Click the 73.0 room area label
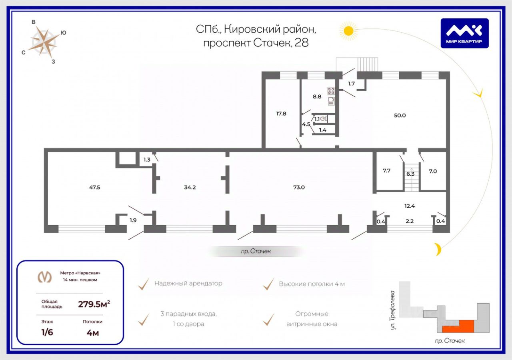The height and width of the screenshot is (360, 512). tap(299, 187)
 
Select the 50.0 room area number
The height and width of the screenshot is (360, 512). tap(400, 115)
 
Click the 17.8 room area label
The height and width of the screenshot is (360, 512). tap(281, 113)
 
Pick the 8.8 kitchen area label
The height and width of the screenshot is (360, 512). tap(317, 96)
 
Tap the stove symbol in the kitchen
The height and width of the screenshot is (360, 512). tap(331, 90)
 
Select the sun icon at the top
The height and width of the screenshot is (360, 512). tap(348, 30)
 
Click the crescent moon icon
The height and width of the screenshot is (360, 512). tap(439, 249)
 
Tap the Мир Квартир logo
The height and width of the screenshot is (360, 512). tap(464, 33)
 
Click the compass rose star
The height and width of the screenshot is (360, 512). tap(44, 41)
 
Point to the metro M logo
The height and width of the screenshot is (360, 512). tap(44, 277)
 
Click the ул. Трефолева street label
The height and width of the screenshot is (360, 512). tap(393, 310)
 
